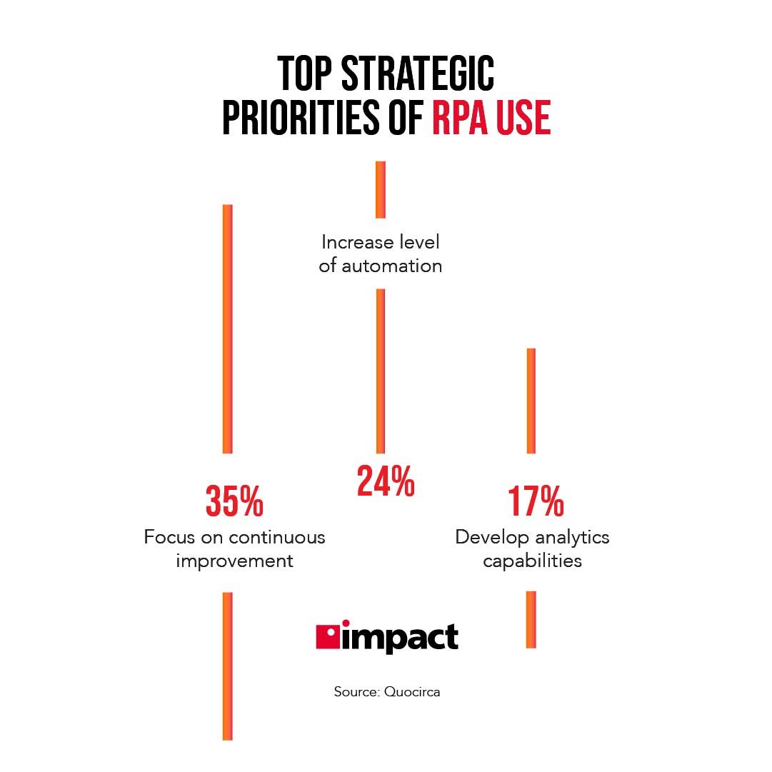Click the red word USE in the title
tap(525, 119)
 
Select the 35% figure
tap(234, 501)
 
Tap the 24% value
tap(386, 481)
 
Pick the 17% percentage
tap(536, 501)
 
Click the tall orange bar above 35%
tap(228, 329)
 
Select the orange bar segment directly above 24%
tap(381, 371)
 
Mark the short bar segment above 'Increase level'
tap(381, 189)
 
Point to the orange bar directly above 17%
tap(531, 401)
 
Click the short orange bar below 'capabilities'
tap(531, 619)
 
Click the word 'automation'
tap(391, 266)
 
